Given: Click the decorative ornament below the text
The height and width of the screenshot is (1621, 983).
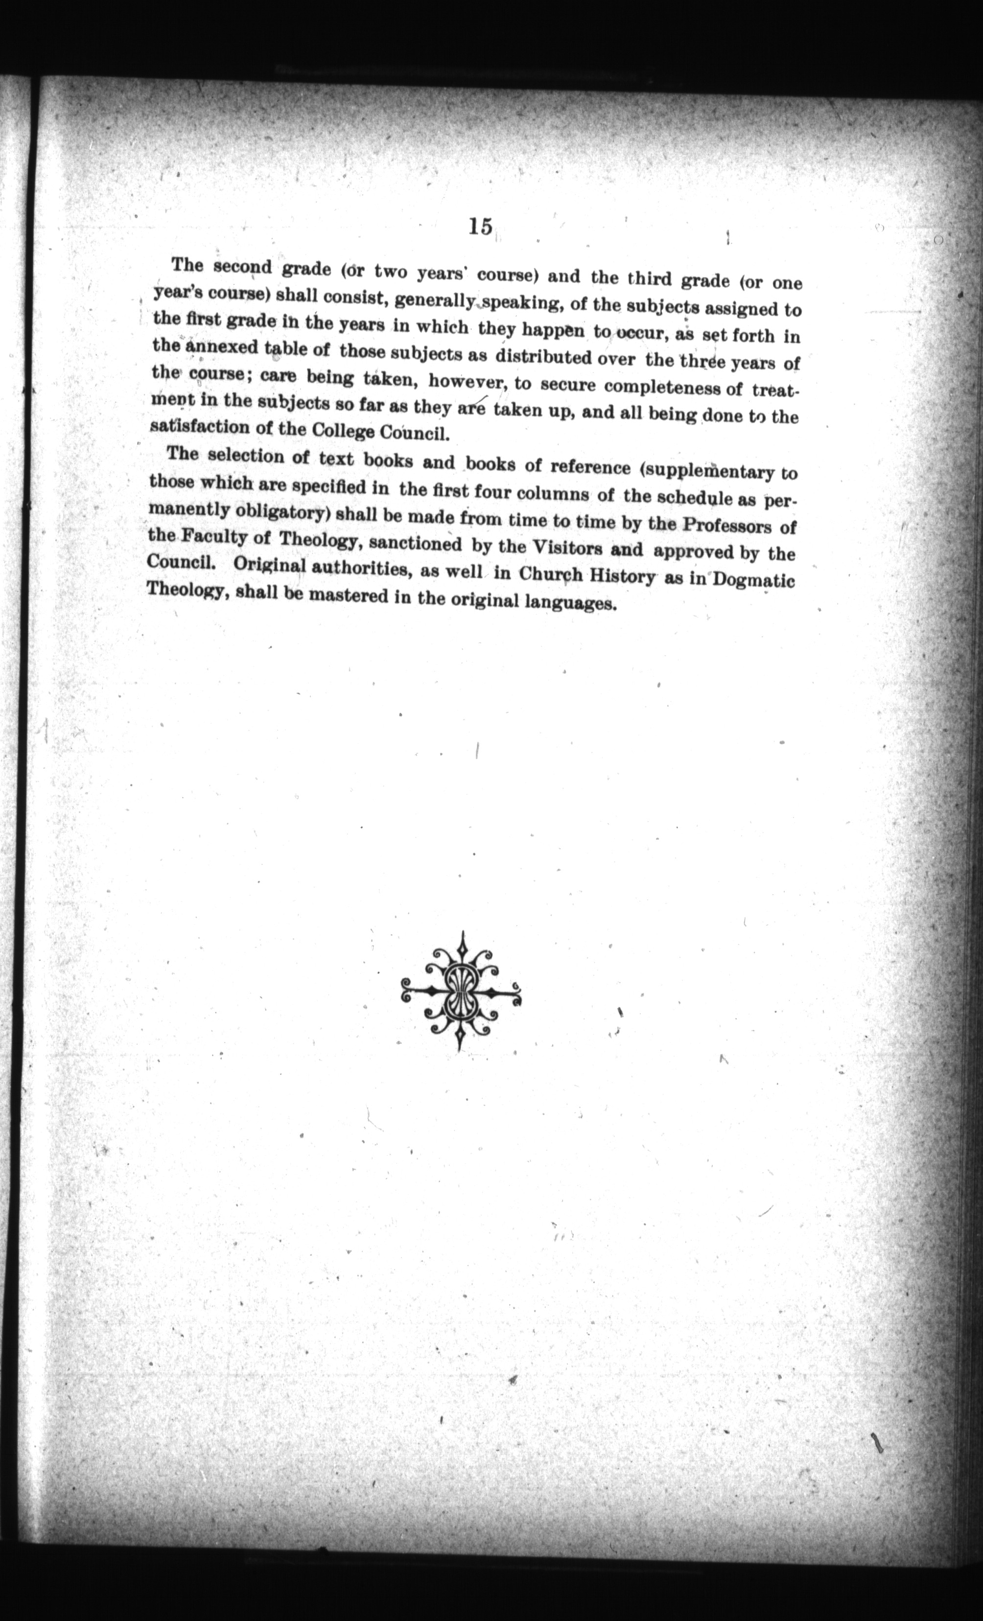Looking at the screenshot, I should [461, 991].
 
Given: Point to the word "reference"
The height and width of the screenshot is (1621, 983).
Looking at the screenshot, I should [589, 467].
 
